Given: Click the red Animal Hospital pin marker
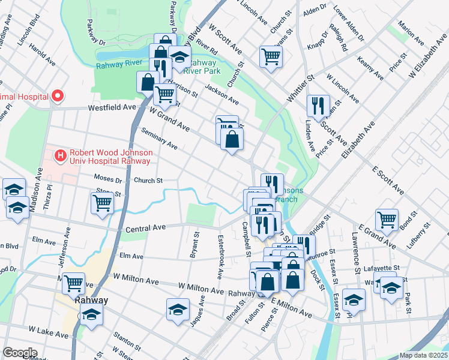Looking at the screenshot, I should point(58,95).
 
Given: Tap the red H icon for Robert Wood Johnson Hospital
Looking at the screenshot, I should point(61,156).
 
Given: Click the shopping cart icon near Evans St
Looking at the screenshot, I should point(271,56).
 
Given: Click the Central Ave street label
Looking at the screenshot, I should point(145,229).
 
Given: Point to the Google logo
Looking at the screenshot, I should point(20,352).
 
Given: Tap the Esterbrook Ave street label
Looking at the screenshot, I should point(220,257).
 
